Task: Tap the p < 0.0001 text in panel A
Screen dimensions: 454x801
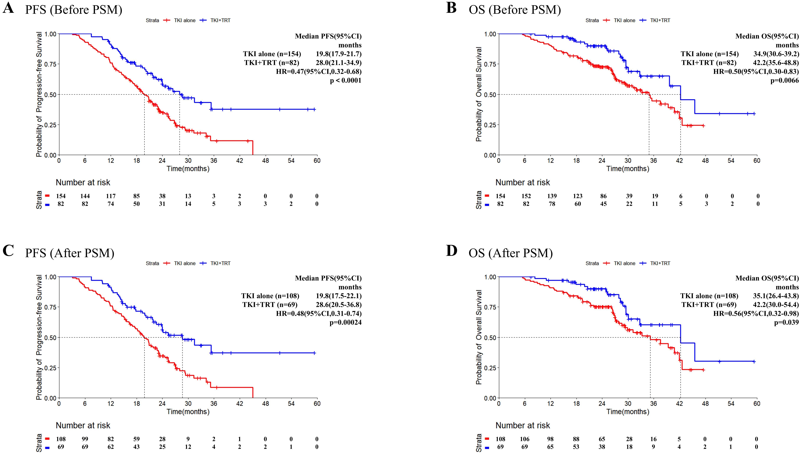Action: [x=345, y=80]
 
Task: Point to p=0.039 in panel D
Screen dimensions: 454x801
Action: [x=786, y=322]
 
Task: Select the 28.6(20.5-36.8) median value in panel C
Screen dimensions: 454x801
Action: [x=339, y=305]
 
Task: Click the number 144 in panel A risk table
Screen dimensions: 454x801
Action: [x=85, y=196]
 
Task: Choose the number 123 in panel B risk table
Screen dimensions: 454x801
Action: [x=578, y=196]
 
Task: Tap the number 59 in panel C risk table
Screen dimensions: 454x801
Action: [x=136, y=439]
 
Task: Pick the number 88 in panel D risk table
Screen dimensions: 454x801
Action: [x=576, y=439]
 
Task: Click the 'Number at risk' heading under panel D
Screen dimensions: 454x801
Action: [x=523, y=425]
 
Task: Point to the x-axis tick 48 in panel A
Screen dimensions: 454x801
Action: [x=265, y=161]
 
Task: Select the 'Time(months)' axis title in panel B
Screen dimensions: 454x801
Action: [x=628, y=169]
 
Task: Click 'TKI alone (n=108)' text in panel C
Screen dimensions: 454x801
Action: [x=270, y=296]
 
